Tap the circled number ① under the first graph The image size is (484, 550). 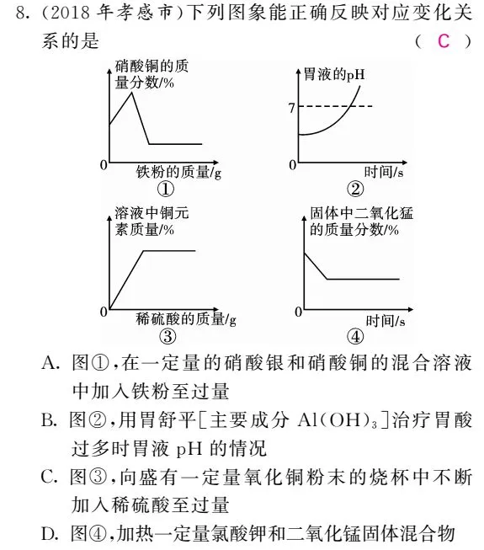coord(165,190)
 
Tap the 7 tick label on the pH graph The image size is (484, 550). coord(290,108)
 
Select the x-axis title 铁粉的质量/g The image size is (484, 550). coord(179,173)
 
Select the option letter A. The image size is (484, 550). coord(49,364)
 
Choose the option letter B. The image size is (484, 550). coord(49,420)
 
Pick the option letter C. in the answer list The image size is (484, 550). coord(49,477)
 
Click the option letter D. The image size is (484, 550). coord(49,532)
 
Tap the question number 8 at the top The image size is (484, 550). coord(11,14)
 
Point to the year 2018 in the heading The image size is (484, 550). coord(51,14)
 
